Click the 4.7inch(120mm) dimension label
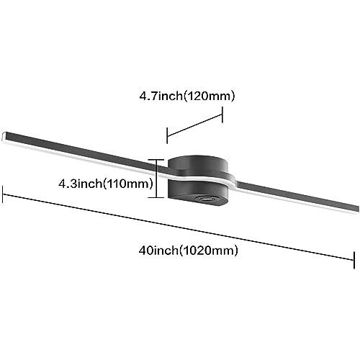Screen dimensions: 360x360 (187, 96)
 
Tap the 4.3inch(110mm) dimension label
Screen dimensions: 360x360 (106, 184)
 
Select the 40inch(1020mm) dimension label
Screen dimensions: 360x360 (189, 251)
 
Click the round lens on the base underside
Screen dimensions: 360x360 (206, 199)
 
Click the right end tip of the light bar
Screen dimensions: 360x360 (358, 210)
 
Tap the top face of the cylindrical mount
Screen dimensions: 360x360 (197, 163)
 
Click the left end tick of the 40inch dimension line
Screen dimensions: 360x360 (3, 194)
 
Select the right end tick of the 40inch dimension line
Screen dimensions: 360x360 (354, 260)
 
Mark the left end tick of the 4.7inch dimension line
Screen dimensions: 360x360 (167, 136)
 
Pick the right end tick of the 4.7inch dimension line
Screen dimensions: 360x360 (222, 114)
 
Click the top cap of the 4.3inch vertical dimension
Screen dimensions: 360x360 (156, 160)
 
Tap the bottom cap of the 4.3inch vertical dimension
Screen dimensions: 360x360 (156, 197)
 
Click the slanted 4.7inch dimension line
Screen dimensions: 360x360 (194, 125)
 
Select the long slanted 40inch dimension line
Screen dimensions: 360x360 (179, 228)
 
